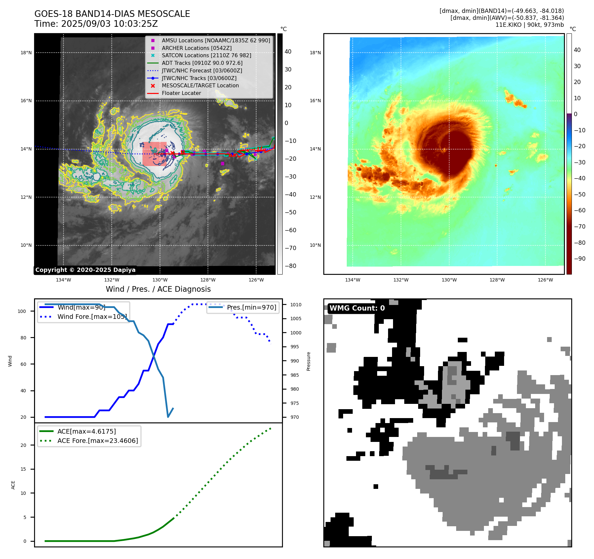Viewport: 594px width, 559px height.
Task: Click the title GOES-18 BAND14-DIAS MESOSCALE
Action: (x=112, y=14)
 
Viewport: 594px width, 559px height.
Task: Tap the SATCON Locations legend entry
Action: (x=206, y=55)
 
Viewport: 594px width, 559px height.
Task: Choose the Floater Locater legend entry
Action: (x=181, y=93)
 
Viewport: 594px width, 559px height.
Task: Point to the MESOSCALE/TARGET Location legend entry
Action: (x=200, y=85)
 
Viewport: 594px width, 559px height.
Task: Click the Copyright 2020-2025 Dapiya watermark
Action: (x=85, y=270)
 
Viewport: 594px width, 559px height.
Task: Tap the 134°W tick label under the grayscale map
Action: (x=63, y=280)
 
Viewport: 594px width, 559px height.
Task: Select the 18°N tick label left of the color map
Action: (x=315, y=53)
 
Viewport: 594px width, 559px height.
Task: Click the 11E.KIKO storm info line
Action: (x=530, y=25)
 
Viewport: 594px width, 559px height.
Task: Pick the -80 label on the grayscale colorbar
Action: (x=291, y=266)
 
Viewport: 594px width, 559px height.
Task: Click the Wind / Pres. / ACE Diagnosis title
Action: (x=158, y=289)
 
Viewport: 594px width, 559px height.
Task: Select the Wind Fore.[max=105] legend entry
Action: (x=92, y=317)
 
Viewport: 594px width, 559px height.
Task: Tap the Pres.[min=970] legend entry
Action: (x=251, y=307)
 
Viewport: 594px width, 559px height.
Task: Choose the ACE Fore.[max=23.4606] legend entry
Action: (x=98, y=441)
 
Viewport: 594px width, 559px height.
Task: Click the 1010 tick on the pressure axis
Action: (x=296, y=305)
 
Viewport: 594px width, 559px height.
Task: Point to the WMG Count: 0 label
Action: (x=357, y=308)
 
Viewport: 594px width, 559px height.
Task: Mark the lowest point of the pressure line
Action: (x=168, y=417)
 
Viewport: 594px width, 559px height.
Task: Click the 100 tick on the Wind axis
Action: (x=22, y=311)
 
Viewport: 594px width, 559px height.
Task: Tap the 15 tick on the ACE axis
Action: (x=23, y=469)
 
